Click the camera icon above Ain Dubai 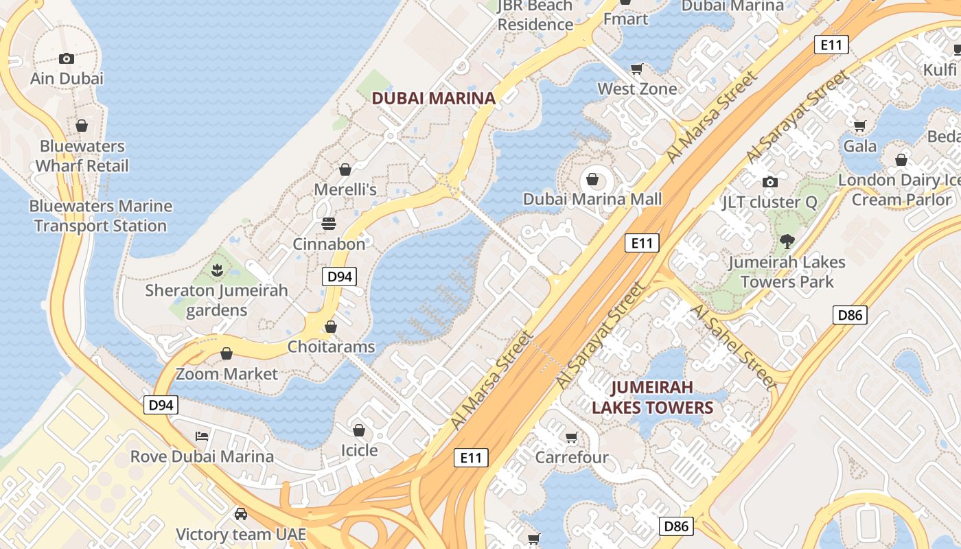(67, 58)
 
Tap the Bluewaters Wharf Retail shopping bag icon (82, 126)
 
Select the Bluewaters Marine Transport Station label (101, 215)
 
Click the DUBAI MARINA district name (433, 98)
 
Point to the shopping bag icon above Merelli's (345, 169)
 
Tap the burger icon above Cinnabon (329, 223)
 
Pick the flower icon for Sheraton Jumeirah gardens (217, 270)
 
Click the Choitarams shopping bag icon (331, 327)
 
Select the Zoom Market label (227, 374)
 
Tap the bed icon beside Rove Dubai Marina (202, 436)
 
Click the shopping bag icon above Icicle (359, 430)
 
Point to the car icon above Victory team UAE (241, 513)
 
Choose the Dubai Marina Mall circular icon (592, 180)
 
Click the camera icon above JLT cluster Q (770, 182)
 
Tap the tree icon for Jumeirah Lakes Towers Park (787, 241)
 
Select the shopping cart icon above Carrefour (571, 437)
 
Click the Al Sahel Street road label (732, 347)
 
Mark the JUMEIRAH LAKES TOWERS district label (652, 397)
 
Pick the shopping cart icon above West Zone (637, 69)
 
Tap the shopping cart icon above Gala (859, 126)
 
